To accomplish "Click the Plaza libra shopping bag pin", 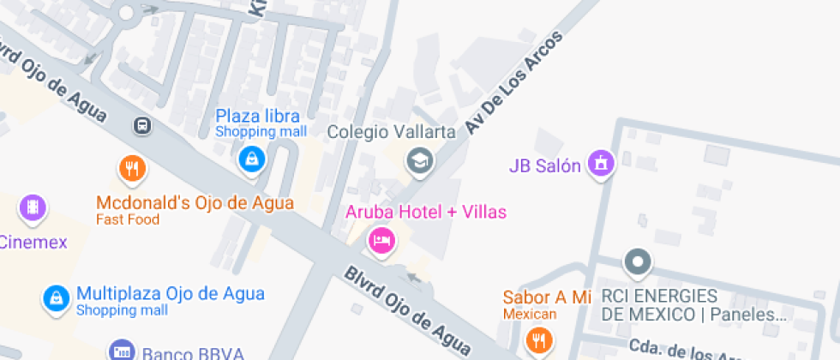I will pos(250,159).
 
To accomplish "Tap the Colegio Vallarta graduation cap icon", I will pos(419,159).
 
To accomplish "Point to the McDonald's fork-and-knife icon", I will pos(131,169).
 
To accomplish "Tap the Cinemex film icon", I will pos(33,207).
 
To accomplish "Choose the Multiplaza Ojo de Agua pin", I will pos(56,298).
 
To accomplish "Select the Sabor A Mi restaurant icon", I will pos(539,340).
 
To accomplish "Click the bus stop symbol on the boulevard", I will pos(142,127).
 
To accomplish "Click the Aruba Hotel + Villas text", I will pos(426,212).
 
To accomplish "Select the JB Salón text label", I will pos(545,165).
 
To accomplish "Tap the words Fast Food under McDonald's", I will pos(129,219).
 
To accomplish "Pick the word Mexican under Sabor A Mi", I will pos(530,314).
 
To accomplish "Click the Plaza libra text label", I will pos(257,116).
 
